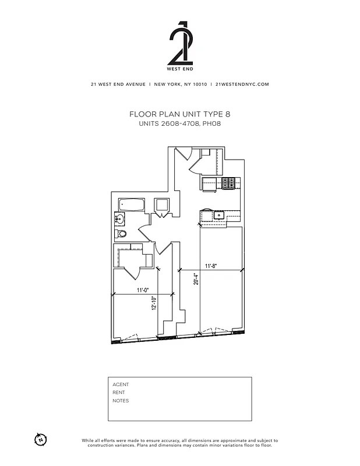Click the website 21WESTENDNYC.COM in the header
pyautogui.click(x=242, y=84)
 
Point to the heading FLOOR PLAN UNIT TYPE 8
pyautogui.click(x=180, y=115)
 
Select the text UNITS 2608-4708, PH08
pyautogui.click(x=180, y=124)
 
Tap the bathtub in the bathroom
pyautogui.click(x=132, y=205)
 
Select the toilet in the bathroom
pyautogui.click(x=121, y=234)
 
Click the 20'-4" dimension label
pyautogui.click(x=196, y=281)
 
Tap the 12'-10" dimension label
pyautogui.click(x=154, y=303)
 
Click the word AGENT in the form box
pyautogui.click(x=121, y=384)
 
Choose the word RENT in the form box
pyautogui.click(x=119, y=393)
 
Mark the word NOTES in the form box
pyautogui.click(x=121, y=401)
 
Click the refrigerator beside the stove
pyautogui.click(x=211, y=183)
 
